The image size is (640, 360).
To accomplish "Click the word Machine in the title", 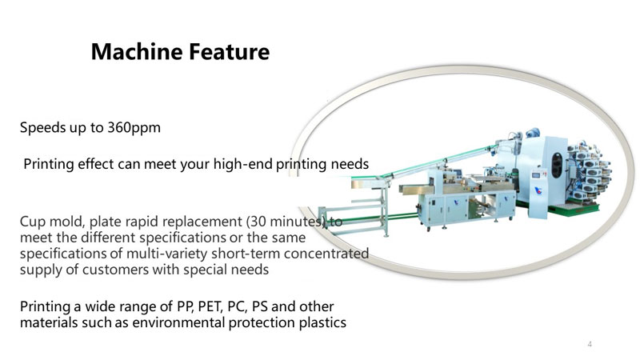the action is tap(136, 52).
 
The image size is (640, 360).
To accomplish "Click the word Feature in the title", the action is tap(229, 52).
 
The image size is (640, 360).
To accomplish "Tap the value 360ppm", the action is tap(134, 128).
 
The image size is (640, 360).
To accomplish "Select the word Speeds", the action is tap(43, 128).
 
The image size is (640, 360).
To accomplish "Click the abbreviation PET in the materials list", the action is tap(210, 306).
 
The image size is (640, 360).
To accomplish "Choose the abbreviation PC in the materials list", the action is tap(237, 306).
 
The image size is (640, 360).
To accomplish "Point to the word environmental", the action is tap(178, 323).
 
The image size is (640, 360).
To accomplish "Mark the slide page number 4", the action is tap(590, 344).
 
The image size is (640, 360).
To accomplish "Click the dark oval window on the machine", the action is tap(557, 165).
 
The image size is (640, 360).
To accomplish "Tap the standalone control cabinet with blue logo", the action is tap(538, 194).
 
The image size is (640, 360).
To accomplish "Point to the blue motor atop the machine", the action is tap(533, 133).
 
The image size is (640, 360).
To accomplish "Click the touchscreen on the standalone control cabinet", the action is tap(535, 174).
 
